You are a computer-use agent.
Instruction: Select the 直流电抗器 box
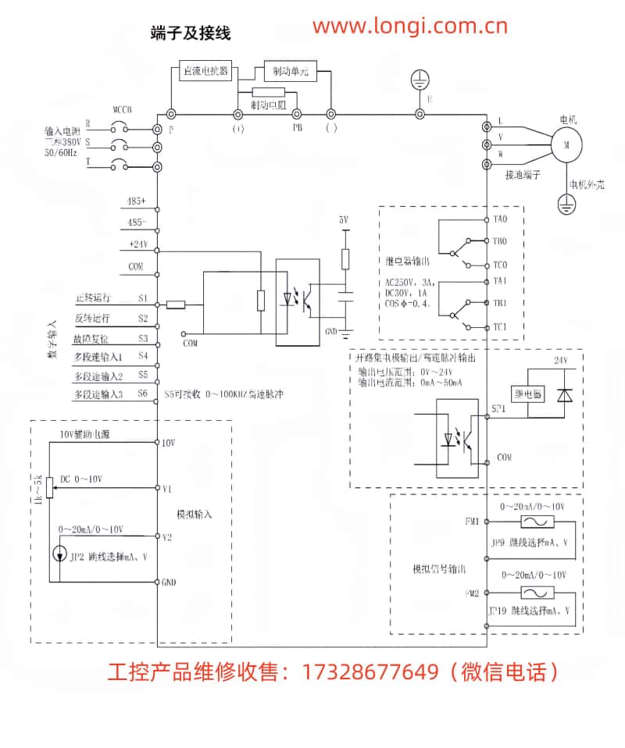click(x=205, y=70)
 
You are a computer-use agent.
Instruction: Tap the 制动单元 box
click(x=291, y=71)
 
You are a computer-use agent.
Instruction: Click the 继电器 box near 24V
click(x=527, y=394)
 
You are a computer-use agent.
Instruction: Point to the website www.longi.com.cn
click(x=410, y=27)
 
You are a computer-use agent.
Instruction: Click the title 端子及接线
click(x=191, y=34)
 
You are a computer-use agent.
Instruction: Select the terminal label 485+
click(x=136, y=201)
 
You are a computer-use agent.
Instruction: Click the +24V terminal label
click(x=137, y=244)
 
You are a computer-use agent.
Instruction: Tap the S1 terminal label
click(x=143, y=298)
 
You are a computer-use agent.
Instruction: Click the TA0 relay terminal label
click(x=501, y=219)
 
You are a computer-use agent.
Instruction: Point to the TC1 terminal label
click(x=501, y=326)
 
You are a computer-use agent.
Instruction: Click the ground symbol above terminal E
click(x=421, y=78)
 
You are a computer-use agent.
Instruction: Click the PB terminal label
click(x=297, y=126)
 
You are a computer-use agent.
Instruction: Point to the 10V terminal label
click(x=168, y=443)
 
